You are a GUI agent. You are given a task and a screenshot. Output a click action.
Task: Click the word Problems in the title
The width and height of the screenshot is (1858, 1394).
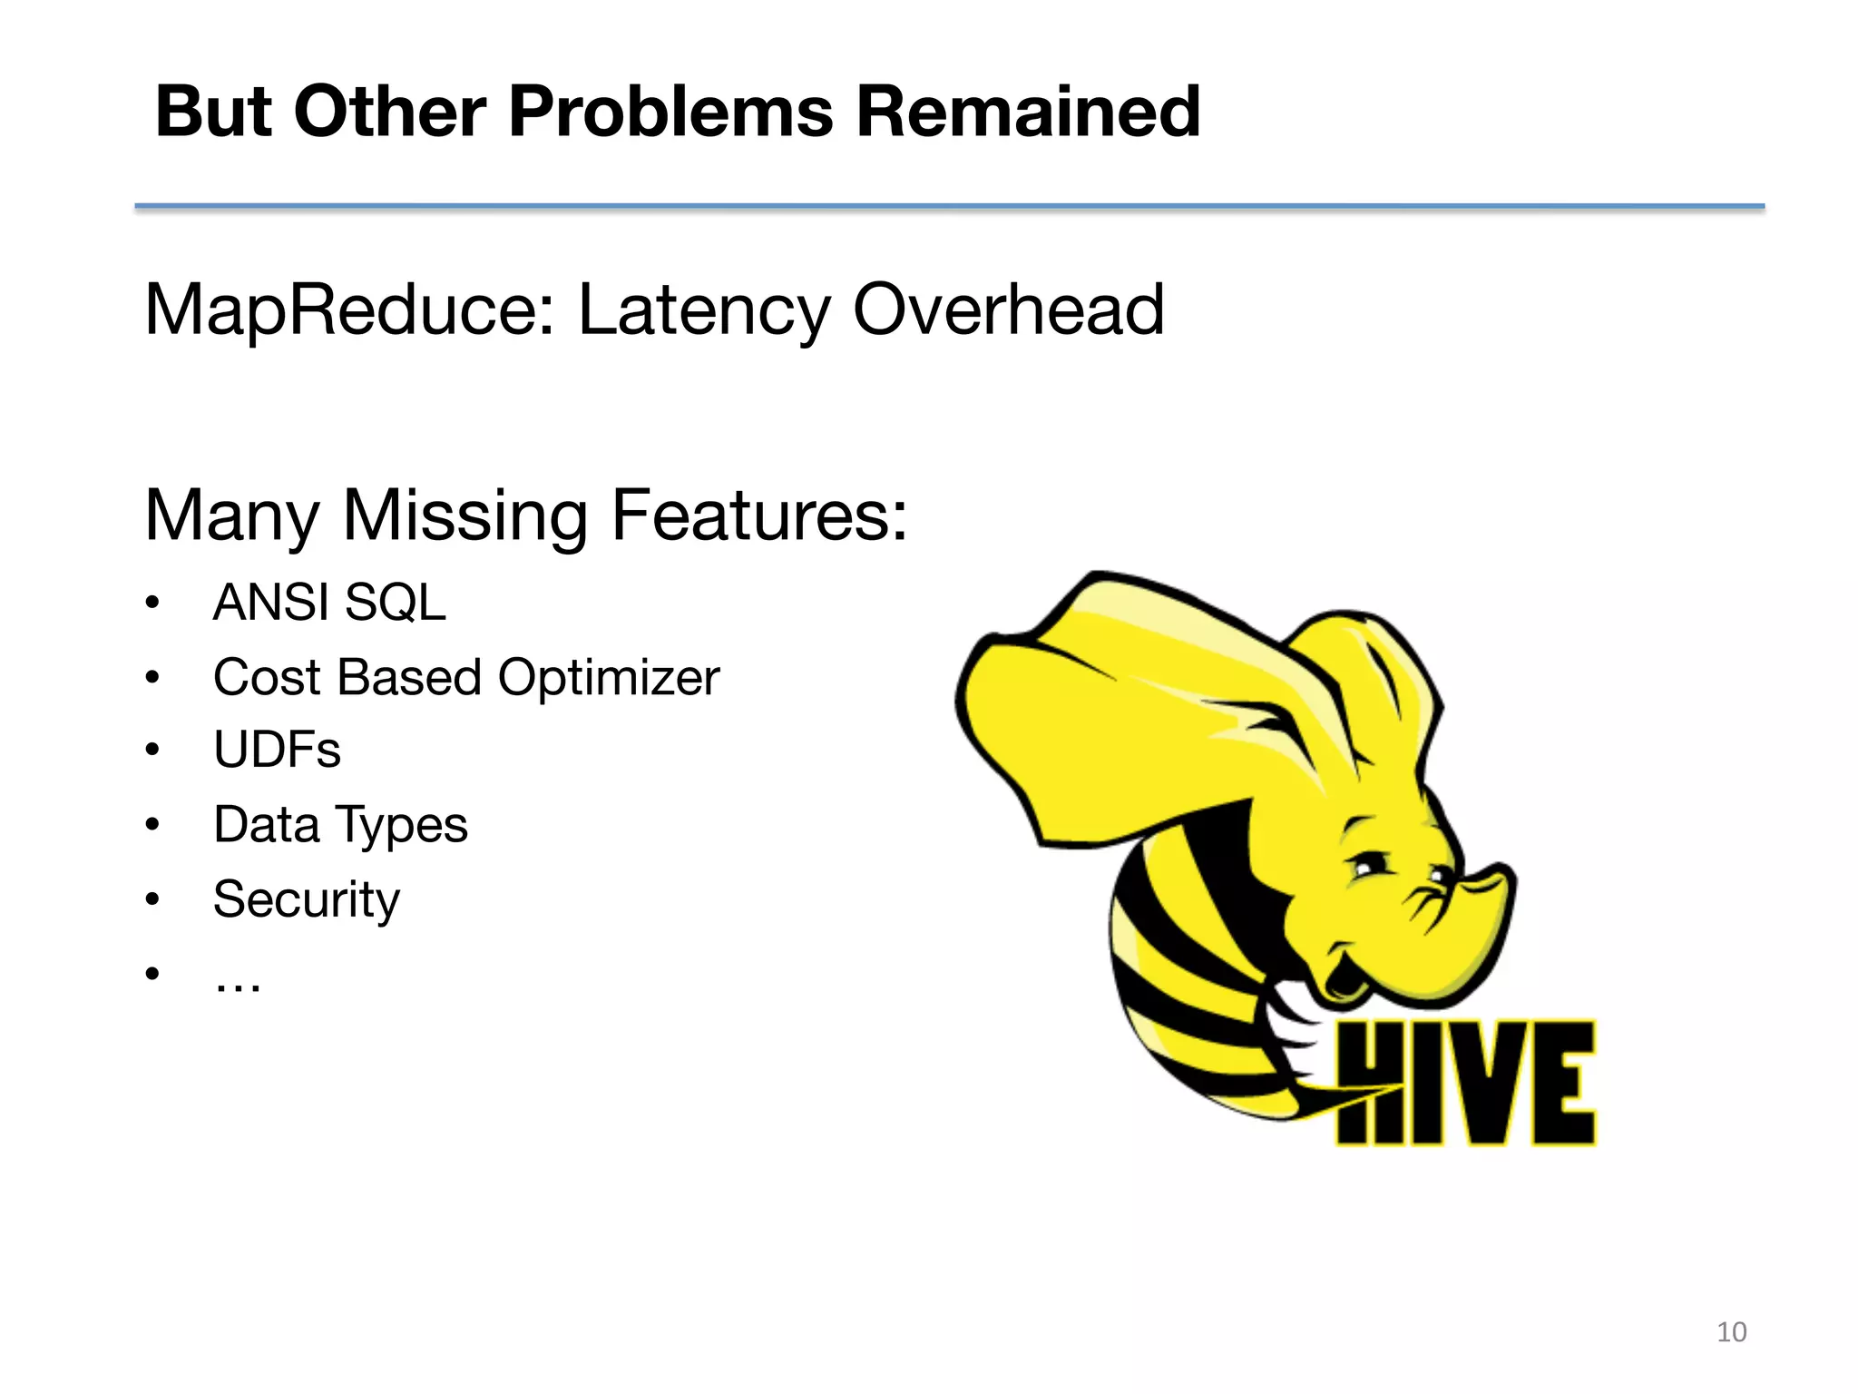[670, 112]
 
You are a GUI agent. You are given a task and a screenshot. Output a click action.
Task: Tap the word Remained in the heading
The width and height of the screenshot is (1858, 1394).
[1028, 112]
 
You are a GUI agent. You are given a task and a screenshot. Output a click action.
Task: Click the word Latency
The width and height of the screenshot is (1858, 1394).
[703, 310]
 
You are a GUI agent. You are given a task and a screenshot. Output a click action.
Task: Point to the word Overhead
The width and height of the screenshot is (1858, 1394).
[1008, 310]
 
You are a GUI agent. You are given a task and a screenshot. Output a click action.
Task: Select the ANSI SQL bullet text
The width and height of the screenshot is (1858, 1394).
[329, 603]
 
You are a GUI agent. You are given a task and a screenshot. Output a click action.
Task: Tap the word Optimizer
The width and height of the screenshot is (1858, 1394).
[608, 678]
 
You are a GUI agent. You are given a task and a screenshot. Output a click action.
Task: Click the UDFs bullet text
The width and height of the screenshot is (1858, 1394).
[277, 751]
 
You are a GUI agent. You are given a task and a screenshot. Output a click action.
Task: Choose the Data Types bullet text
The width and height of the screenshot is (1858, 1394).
[340, 825]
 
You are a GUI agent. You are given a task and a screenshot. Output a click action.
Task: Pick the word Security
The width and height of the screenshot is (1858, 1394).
[306, 899]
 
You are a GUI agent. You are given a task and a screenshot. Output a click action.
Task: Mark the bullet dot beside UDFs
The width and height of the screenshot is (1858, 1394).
[152, 751]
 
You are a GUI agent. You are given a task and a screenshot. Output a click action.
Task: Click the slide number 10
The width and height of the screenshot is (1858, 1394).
[1731, 1332]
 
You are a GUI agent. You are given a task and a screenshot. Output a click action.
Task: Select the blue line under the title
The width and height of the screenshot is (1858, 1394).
[949, 207]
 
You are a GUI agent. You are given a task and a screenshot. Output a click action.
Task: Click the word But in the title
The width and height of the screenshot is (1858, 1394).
[213, 112]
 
